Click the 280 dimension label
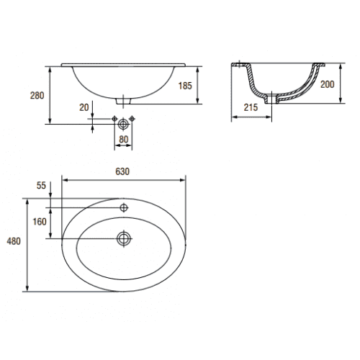point(37,96)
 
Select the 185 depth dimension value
point(185,86)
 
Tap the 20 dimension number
point(84,107)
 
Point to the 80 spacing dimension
point(124,139)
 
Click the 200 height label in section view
point(327,84)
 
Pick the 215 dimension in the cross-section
point(251,107)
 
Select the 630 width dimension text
point(122,171)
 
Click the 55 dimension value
point(41,185)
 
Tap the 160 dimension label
point(40,222)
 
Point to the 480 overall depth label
point(14,241)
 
